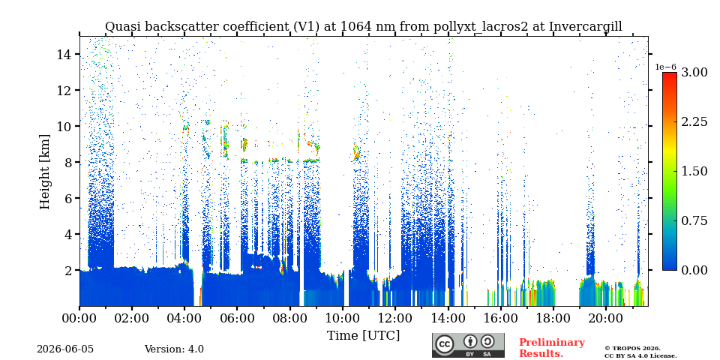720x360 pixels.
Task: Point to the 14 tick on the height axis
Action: pyautogui.click(x=67, y=54)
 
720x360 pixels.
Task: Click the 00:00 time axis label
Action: pyautogui.click(x=80, y=318)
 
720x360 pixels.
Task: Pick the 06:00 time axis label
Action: pyautogui.click(x=238, y=318)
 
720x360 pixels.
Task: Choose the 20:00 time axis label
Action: pyautogui.click(x=604, y=318)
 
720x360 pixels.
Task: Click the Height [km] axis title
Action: pyautogui.click(x=44, y=171)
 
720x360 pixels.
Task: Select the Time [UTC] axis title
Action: pyautogui.click(x=363, y=336)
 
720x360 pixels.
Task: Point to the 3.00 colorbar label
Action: pyautogui.click(x=694, y=73)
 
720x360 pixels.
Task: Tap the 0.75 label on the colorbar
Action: pyautogui.click(x=694, y=220)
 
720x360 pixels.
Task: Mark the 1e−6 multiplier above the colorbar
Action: pyautogui.click(x=666, y=67)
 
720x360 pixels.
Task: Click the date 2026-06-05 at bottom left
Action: pyautogui.click(x=65, y=349)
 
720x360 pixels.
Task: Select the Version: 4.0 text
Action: pyautogui.click(x=174, y=349)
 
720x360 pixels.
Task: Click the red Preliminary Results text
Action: pyautogui.click(x=552, y=348)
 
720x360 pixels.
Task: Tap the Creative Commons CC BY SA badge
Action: pyautogui.click(x=468, y=345)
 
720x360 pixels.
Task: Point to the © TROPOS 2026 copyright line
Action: pyautogui.click(x=632, y=349)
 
